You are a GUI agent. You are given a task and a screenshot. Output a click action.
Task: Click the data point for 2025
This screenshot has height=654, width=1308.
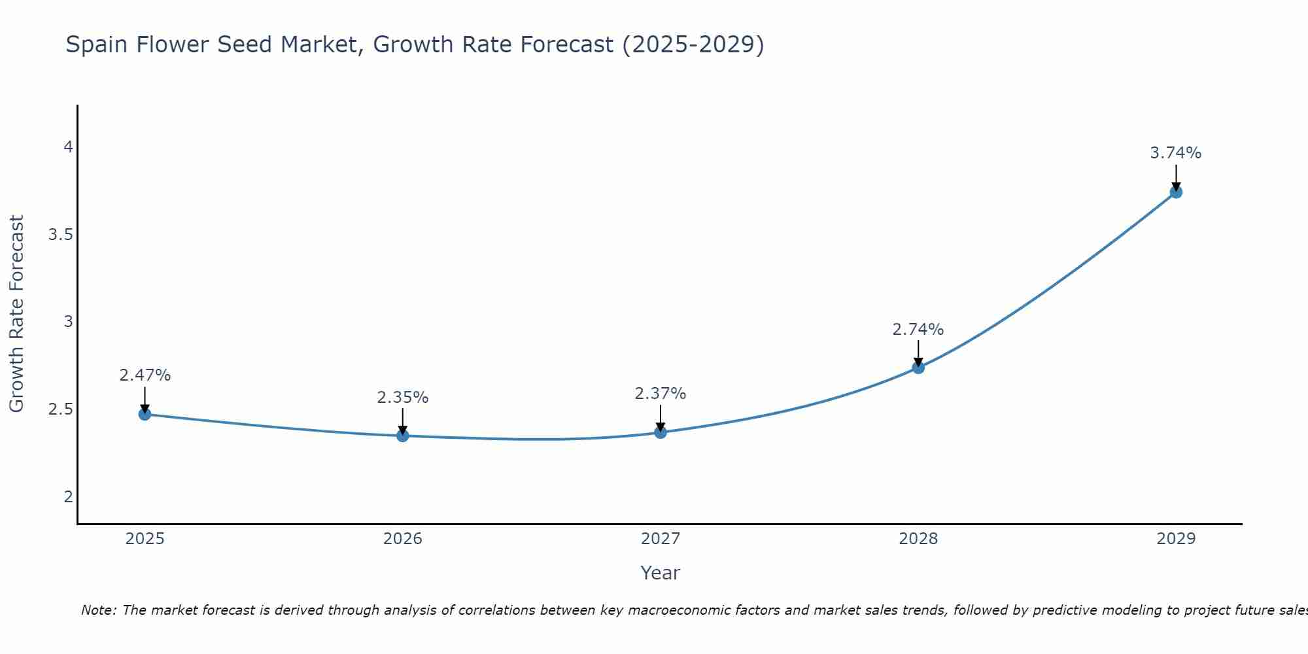(x=145, y=414)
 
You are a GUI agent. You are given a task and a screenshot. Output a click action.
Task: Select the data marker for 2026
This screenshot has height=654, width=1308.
(x=402, y=436)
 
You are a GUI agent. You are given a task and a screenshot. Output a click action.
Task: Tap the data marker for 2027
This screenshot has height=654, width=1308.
(x=661, y=432)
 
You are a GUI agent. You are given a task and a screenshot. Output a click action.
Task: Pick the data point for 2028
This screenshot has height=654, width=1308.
(x=918, y=368)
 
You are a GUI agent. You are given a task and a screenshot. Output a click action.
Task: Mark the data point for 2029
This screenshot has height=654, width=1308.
(x=1176, y=192)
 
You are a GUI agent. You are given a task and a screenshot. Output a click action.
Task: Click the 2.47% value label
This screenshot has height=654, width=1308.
(x=145, y=375)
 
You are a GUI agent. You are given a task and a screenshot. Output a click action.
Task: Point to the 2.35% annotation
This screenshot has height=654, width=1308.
(x=402, y=398)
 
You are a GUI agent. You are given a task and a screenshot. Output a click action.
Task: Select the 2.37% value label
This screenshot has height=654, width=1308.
(x=661, y=394)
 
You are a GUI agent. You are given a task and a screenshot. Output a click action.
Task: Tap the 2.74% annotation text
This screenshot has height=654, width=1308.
(x=918, y=330)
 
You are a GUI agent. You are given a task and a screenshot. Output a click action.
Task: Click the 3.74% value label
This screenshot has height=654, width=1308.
(x=1176, y=153)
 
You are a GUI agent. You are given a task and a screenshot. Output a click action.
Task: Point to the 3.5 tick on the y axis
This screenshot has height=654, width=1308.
(x=60, y=235)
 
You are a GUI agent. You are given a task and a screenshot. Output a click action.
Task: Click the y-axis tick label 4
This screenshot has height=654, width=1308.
(x=68, y=147)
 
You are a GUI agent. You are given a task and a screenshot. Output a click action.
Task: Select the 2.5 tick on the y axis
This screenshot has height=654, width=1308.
(x=60, y=409)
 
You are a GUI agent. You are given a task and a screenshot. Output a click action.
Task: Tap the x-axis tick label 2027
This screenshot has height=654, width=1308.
(x=661, y=539)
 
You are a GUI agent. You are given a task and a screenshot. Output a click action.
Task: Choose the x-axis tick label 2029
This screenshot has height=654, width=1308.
(x=1176, y=539)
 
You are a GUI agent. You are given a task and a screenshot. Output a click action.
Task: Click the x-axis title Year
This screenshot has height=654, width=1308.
(x=661, y=573)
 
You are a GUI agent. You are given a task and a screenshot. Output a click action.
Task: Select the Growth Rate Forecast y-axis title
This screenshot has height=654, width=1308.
(x=16, y=314)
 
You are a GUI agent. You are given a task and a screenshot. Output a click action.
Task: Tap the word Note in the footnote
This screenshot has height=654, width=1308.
(x=98, y=610)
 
